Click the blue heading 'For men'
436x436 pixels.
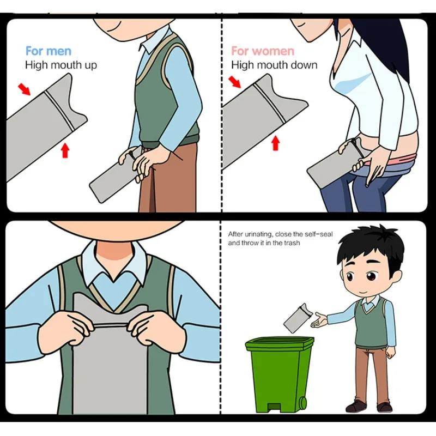click(x=49, y=51)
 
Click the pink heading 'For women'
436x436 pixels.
click(x=263, y=51)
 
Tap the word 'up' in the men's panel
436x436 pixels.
click(x=89, y=65)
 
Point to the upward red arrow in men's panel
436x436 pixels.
click(x=65, y=150)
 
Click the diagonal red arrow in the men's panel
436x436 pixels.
click(x=24, y=89)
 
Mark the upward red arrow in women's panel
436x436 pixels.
click(x=275, y=143)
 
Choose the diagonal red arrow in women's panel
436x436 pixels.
click(x=235, y=82)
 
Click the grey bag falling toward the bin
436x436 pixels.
click(x=298, y=318)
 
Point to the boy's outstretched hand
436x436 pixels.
click(x=319, y=320)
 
